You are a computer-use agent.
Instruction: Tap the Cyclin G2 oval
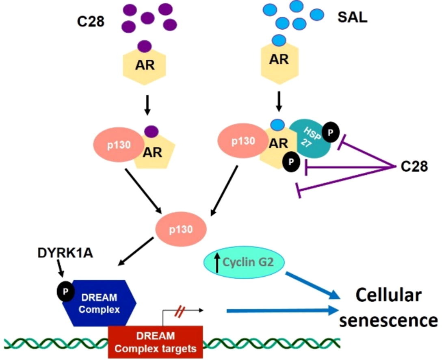tap(243, 263)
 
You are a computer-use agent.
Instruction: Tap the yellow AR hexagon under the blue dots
tap(279, 59)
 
